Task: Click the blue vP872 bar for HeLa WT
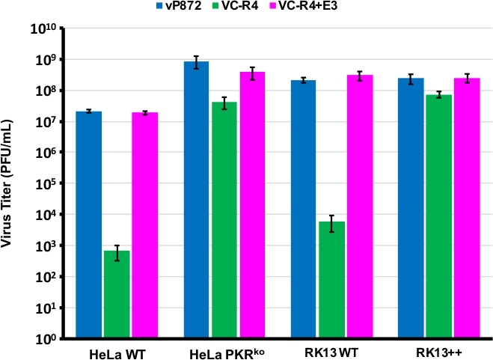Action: pyautogui.click(x=89, y=225)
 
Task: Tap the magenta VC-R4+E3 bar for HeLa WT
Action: pyautogui.click(x=144, y=225)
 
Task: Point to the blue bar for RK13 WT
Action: pyautogui.click(x=304, y=209)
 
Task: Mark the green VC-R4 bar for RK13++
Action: pyautogui.click(x=438, y=216)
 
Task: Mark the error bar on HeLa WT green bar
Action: pyautogui.click(x=117, y=252)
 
